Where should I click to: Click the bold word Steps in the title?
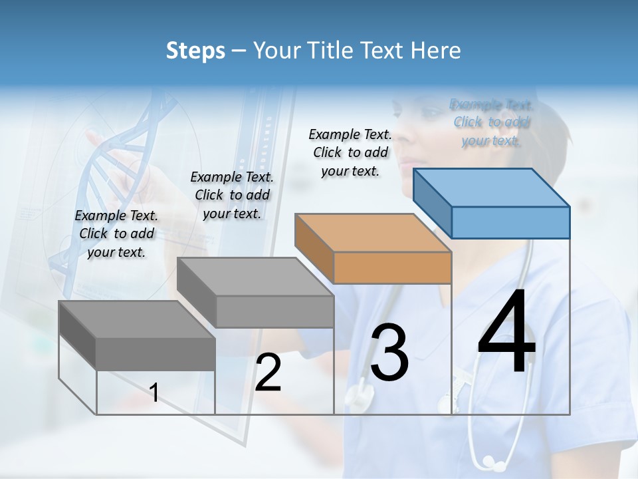pyautogui.click(x=195, y=51)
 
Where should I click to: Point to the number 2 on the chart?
pyautogui.click(x=268, y=373)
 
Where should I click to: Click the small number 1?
pyautogui.click(x=154, y=393)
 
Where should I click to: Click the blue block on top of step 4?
pyautogui.click(x=492, y=203)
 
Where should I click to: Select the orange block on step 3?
pyautogui.click(x=373, y=249)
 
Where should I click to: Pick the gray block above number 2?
pyautogui.click(x=256, y=293)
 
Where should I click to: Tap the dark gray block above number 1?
pyautogui.click(x=138, y=336)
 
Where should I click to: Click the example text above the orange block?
pyautogui.click(x=350, y=152)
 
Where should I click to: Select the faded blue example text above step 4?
pyautogui.click(x=492, y=122)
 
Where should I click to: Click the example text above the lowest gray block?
pyautogui.click(x=116, y=234)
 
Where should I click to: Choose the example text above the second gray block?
pyautogui.click(x=232, y=195)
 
